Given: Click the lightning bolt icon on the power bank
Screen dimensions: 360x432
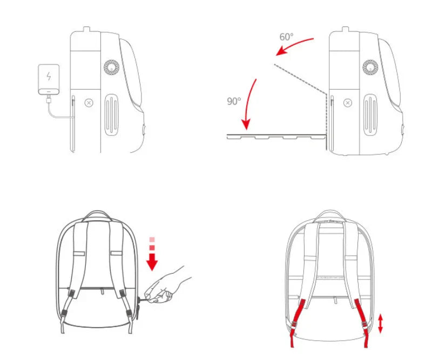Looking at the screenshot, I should coord(49,76).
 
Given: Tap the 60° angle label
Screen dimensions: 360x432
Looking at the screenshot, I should coord(286,37).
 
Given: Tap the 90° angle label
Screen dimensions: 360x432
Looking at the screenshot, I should coord(234,101).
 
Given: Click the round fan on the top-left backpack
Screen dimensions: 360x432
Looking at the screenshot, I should coord(111,68).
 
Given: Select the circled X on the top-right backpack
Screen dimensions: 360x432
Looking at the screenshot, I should coord(347,102).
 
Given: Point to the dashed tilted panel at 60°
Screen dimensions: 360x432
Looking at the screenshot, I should coord(300,78).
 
